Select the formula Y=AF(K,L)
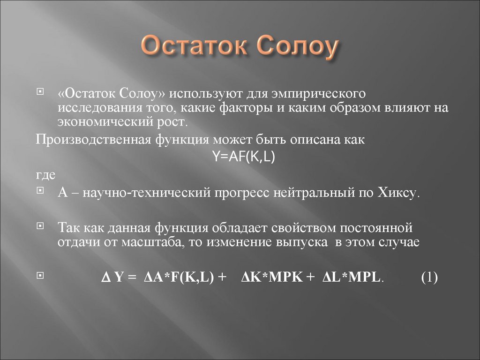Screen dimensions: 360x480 click(243, 157)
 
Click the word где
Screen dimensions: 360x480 click(46, 174)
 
